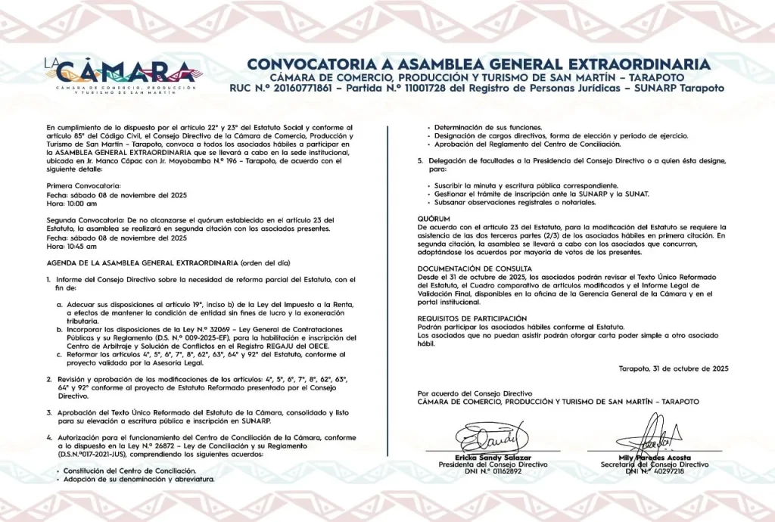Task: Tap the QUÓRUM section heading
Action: (434, 218)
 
